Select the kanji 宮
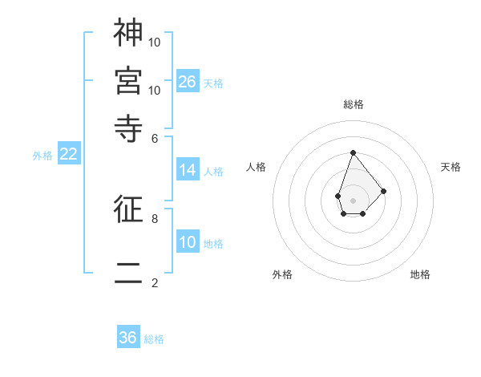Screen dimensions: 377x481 pos(128,79)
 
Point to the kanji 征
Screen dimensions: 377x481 pos(128,209)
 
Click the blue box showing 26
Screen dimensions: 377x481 pos(187,82)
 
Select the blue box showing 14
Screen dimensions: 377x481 pos(187,170)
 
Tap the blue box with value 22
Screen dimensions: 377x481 pos(68,155)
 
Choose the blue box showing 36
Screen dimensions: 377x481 pos(128,338)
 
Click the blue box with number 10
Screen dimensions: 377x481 pos(187,242)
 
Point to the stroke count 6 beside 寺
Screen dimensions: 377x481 pos(155,138)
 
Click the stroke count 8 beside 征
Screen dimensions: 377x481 pos(155,218)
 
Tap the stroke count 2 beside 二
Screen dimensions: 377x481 pos(155,282)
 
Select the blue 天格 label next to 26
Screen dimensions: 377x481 pos(213,83)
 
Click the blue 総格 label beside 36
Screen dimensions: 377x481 pos(154,339)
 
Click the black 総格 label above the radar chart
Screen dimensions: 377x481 pos(353,104)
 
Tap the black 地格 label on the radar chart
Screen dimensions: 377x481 pos(420,274)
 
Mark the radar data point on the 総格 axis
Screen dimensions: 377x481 pos(353,152)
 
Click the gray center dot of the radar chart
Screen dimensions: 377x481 pos(353,199)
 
